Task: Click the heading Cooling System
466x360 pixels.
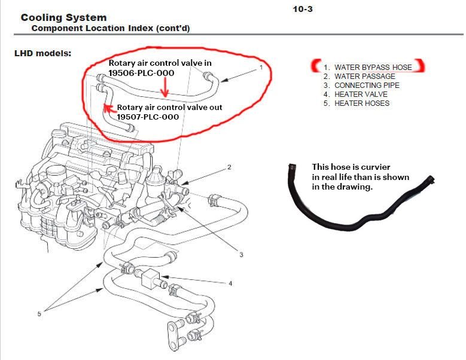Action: click(63, 18)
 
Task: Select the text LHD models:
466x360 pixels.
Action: click(42, 53)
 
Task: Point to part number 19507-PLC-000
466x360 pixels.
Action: click(148, 117)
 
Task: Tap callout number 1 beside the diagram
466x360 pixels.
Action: click(261, 68)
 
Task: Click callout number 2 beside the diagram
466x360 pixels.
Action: click(229, 167)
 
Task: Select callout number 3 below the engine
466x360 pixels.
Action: click(241, 255)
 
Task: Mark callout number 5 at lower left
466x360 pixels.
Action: click(39, 313)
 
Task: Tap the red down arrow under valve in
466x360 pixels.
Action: click(166, 90)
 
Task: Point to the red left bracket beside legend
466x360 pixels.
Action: click(314, 66)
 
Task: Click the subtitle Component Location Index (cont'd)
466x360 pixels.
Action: click(111, 28)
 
